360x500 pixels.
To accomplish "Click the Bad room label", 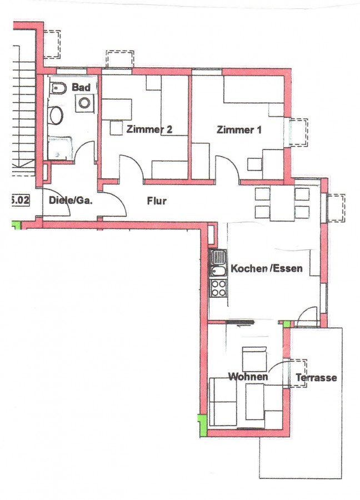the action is pos(81,87).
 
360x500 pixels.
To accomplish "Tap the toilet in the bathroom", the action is pos(58,88).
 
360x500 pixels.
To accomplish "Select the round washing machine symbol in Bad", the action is pos(84,103).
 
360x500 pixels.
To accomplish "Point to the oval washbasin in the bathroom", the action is pos(56,115).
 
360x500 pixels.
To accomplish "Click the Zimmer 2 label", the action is pos(149,129).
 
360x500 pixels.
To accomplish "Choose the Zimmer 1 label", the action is pos(239,129).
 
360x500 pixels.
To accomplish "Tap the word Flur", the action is pos(157,201).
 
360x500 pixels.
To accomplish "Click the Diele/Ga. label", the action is pos(71,200).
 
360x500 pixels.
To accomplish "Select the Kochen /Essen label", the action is pos(266,268).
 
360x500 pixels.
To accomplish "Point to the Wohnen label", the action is pos(248,377).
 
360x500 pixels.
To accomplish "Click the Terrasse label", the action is pos(316,378).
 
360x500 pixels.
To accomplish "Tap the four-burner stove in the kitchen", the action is pos(218,288).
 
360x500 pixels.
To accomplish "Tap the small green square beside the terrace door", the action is pos(287,324).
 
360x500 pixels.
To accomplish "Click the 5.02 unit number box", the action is pos(21,200).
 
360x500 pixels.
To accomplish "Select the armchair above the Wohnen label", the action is pos(254,359).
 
